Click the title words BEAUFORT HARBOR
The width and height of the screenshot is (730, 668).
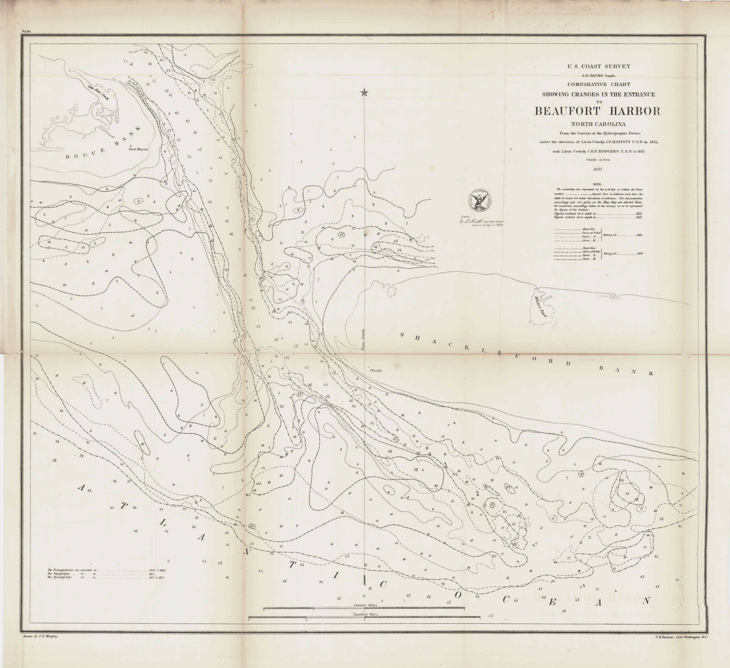tap(597, 111)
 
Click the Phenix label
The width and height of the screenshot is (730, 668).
tap(376, 371)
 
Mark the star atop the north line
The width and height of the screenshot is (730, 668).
tap(364, 93)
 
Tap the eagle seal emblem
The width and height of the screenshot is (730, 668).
tap(481, 200)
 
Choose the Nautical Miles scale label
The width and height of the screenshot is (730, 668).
tap(365, 614)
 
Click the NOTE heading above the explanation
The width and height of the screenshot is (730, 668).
tap(597, 184)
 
